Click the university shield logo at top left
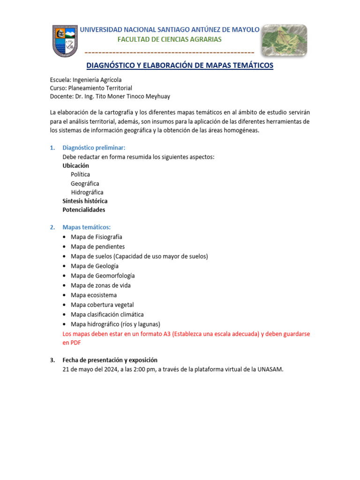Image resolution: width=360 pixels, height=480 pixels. click(65, 41)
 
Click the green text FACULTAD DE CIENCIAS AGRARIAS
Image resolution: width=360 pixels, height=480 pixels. click(169, 39)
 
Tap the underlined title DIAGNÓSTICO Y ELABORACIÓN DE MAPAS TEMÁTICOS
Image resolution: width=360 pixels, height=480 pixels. click(180, 66)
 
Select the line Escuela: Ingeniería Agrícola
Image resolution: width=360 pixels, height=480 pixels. click(86, 80)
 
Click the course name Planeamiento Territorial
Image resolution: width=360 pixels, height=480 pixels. click(100, 88)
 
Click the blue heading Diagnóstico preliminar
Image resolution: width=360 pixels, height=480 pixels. click(94, 148)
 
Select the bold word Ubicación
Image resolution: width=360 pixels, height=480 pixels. click(76, 165)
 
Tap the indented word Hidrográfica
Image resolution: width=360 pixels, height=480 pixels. click(87, 192)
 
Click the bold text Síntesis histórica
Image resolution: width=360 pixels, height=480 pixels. click(85, 201)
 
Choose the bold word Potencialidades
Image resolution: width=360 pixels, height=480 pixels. click(84, 210)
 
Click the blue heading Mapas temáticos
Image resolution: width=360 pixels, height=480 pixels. click(87, 227)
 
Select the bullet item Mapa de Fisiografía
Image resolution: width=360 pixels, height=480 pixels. click(97, 237)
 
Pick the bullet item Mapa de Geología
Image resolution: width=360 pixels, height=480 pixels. click(95, 266)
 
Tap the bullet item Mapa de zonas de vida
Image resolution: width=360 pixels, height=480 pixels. click(101, 285)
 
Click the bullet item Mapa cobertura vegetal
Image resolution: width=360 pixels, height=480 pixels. click(102, 305)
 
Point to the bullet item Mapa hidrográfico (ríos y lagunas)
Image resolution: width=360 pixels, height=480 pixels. click(115, 324)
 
